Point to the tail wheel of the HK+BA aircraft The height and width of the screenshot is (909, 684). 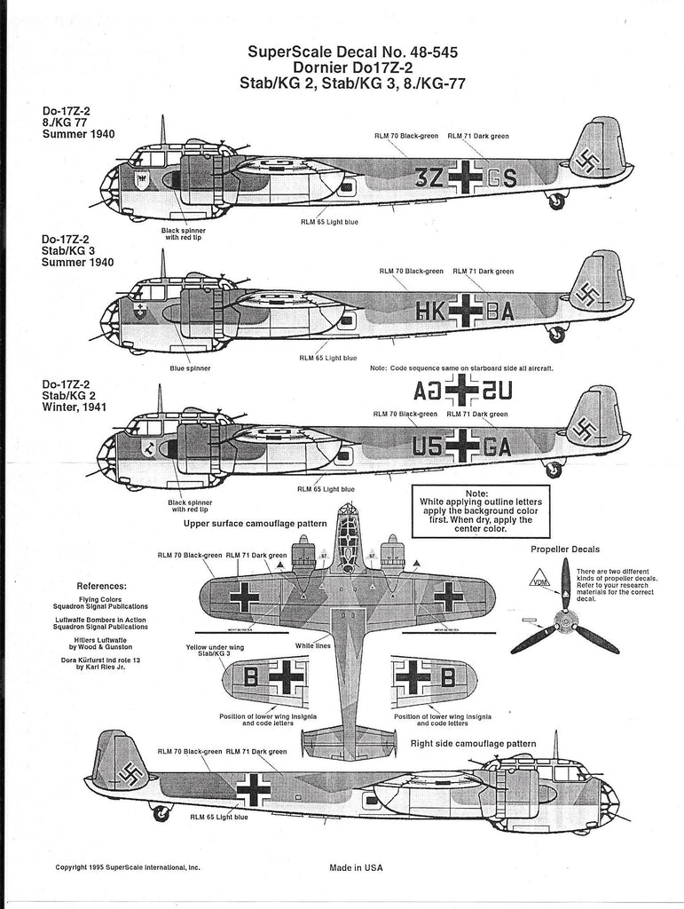(556, 335)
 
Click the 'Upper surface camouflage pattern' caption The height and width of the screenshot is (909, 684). (255, 524)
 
